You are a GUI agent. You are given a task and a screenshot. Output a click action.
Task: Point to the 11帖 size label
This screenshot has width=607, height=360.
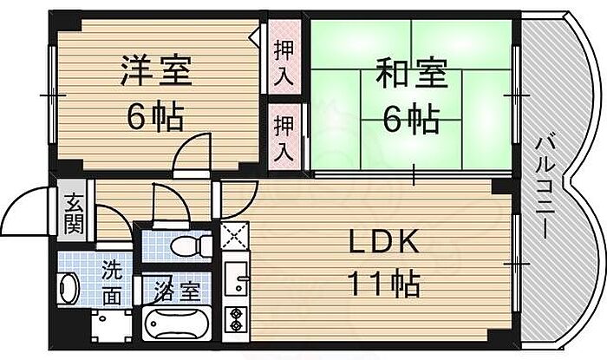(385, 283)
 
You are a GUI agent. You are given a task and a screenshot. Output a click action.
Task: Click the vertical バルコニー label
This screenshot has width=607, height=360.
(545, 187)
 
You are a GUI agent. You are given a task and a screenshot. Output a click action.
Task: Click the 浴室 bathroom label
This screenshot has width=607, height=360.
(177, 289)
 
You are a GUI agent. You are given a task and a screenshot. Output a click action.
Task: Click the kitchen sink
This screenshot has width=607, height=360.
(235, 280)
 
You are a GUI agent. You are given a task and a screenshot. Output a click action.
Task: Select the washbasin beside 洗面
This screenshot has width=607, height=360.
(69, 285)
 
